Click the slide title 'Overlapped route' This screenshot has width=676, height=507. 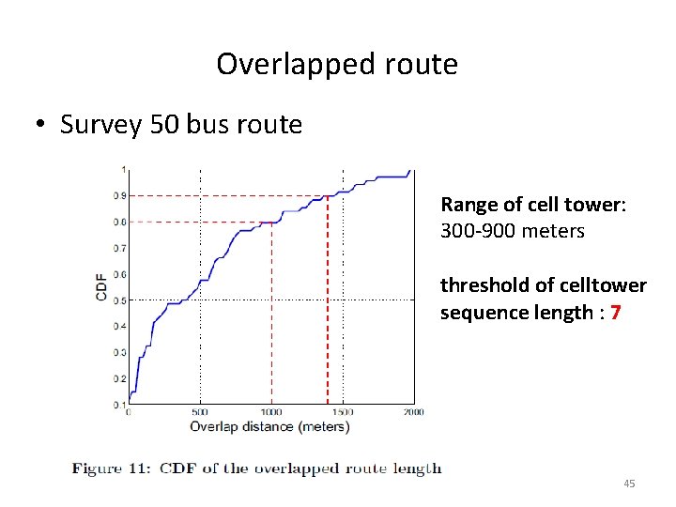337,64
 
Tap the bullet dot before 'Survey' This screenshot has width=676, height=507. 43,126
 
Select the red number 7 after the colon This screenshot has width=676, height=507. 614,312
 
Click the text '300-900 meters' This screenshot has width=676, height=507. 513,230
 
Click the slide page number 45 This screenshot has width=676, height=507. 629,483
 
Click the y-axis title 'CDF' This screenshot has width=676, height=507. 101,286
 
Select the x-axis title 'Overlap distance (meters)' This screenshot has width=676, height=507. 269,427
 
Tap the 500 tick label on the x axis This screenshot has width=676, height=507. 199,411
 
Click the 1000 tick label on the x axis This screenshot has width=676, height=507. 270,411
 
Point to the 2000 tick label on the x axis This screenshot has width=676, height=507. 413,411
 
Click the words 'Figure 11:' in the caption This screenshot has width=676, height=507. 115,469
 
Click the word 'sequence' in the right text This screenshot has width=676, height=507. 479,312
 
